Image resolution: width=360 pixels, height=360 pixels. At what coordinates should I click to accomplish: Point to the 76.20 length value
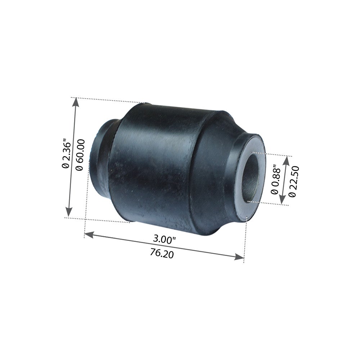(x=162, y=254)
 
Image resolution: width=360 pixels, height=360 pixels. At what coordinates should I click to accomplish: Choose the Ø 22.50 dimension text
(x=292, y=181)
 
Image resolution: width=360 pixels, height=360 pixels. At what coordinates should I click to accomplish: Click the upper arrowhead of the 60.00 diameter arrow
(x=75, y=102)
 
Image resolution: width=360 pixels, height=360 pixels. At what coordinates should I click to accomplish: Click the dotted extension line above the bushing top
(x=108, y=100)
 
